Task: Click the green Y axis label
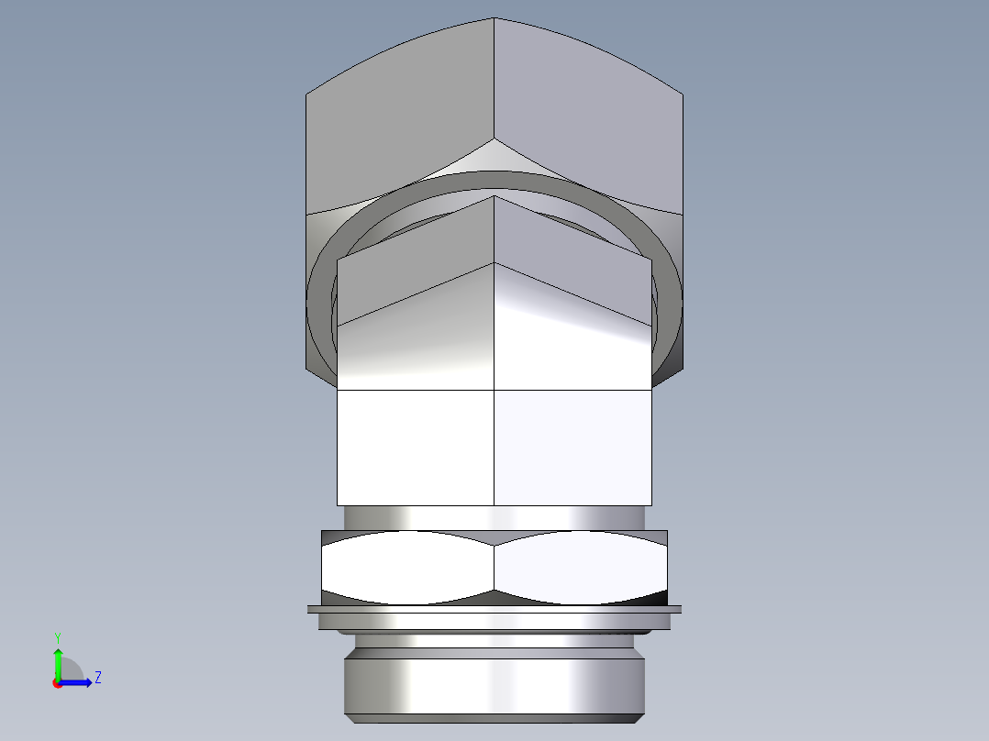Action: [x=57, y=636]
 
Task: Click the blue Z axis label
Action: [x=97, y=678]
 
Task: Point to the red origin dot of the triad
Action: [x=57, y=683]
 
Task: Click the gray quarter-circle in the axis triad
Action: [x=70, y=669]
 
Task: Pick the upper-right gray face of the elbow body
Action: [x=587, y=119]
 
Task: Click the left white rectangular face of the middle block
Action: [x=416, y=447]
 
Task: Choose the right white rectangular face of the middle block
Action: [x=573, y=447]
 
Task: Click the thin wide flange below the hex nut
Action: [x=494, y=609]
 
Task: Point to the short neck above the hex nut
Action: [x=494, y=517]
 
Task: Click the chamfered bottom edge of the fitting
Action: [x=494, y=718]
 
